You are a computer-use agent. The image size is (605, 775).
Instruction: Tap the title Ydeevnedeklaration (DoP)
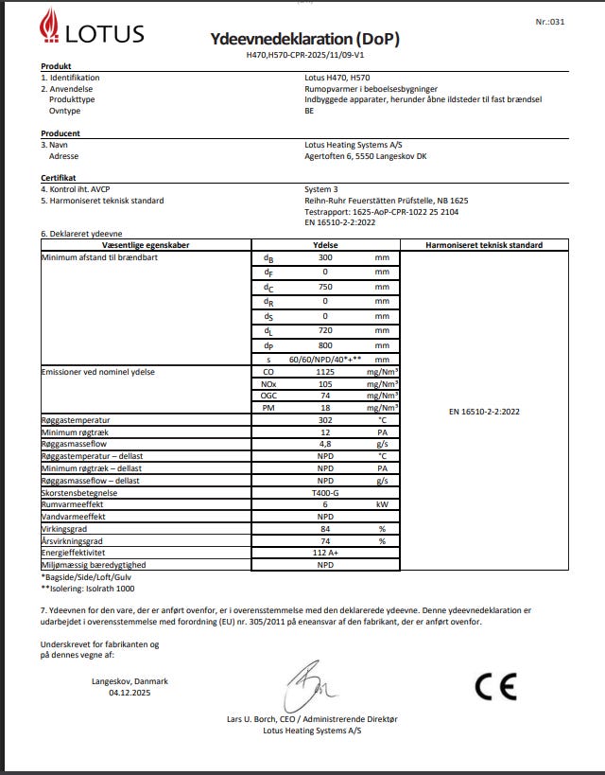(x=304, y=39)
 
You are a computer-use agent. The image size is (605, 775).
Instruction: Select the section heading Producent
(x=60, y=133)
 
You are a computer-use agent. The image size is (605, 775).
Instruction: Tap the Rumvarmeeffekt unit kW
(x=382, y=505)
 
